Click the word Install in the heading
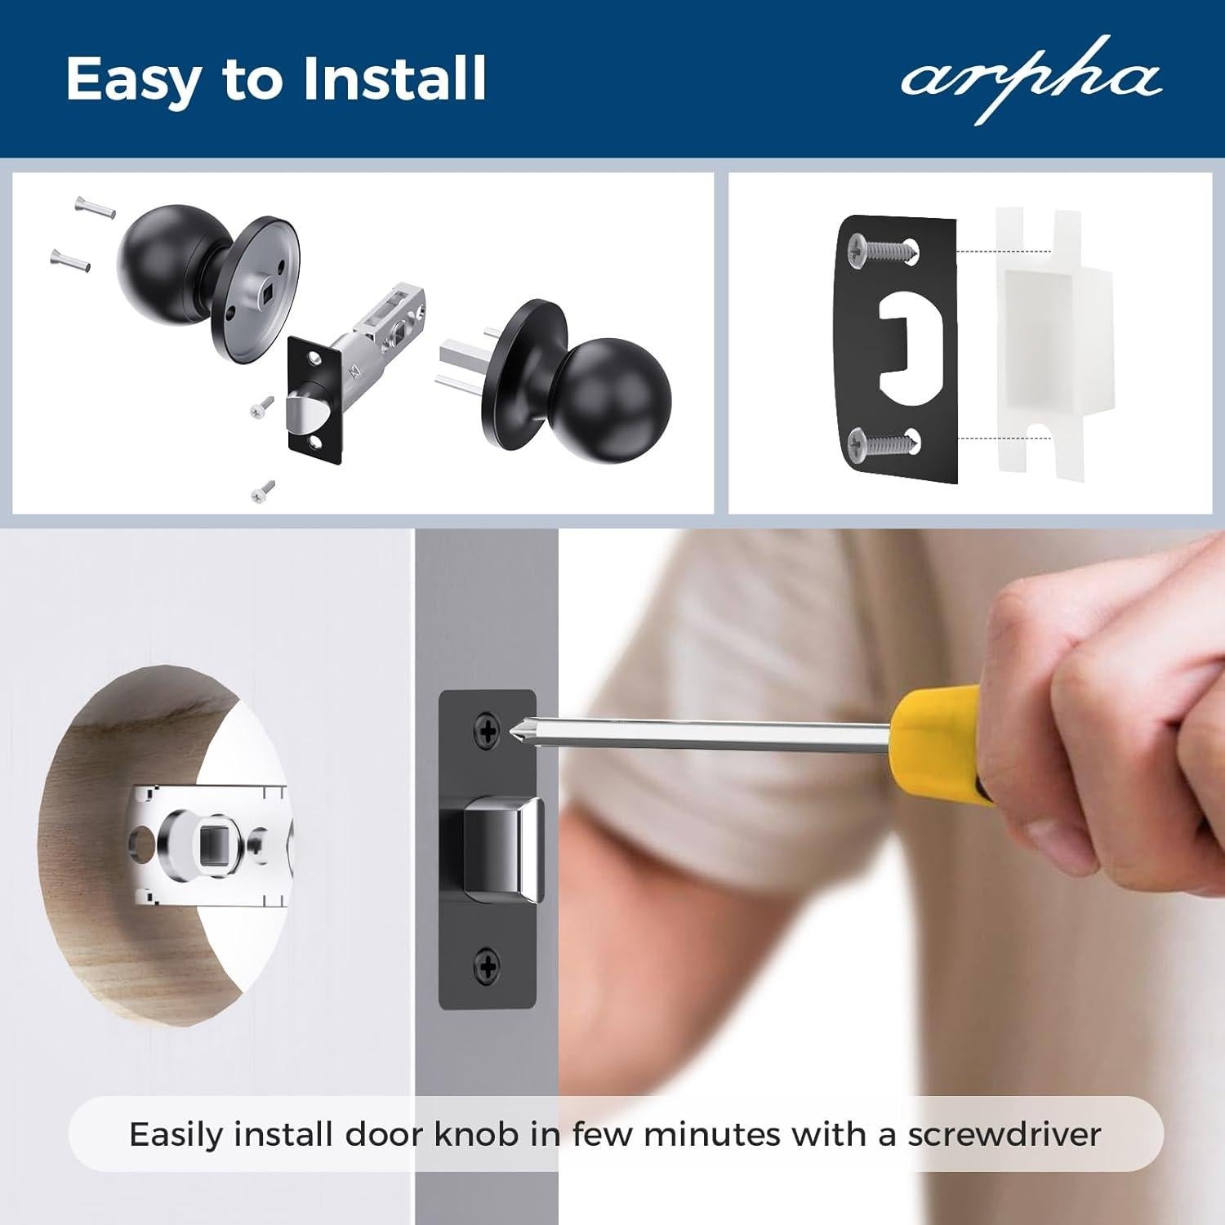click(x=394, y=79)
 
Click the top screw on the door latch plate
click(x=488, y=732)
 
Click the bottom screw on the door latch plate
click(x=488, y=968)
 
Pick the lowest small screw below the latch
click(x=263, y=492)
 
